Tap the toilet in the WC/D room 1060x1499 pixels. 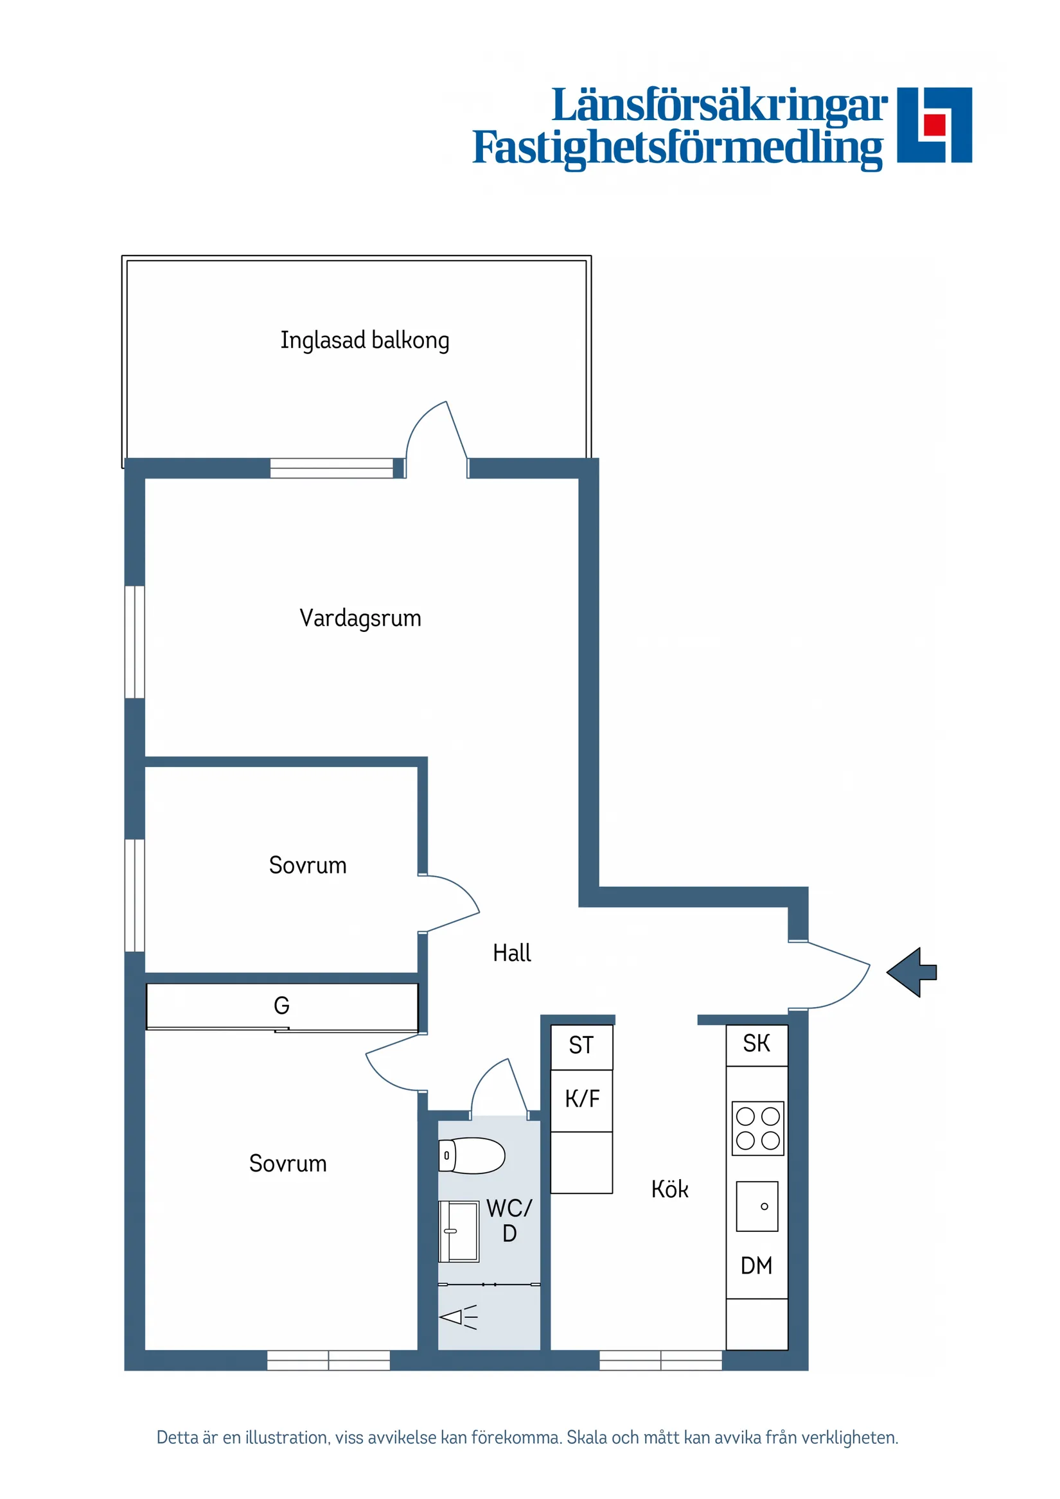tap(472, 1155)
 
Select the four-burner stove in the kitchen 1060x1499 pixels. tap(757, 1128)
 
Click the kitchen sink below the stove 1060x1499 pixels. tap(757, 1206)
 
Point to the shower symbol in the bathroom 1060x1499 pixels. tap(458, 1317)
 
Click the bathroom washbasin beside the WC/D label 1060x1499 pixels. tap(459, 1231)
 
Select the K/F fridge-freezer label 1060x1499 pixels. tap(581, 1099)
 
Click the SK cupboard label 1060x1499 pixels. tap(756, 1043)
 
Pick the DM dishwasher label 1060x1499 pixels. tap(756, 1265)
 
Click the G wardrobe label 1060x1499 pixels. tap(281, 1005)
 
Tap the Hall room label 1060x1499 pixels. tap(511, 953)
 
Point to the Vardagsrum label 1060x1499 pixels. tap(360, 618)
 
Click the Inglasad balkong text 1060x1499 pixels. tap(364, 340)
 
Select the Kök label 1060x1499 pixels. tap(669, 1189)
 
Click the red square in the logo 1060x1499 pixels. tap(935, 124)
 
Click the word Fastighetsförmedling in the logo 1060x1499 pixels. tap(677, 148)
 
